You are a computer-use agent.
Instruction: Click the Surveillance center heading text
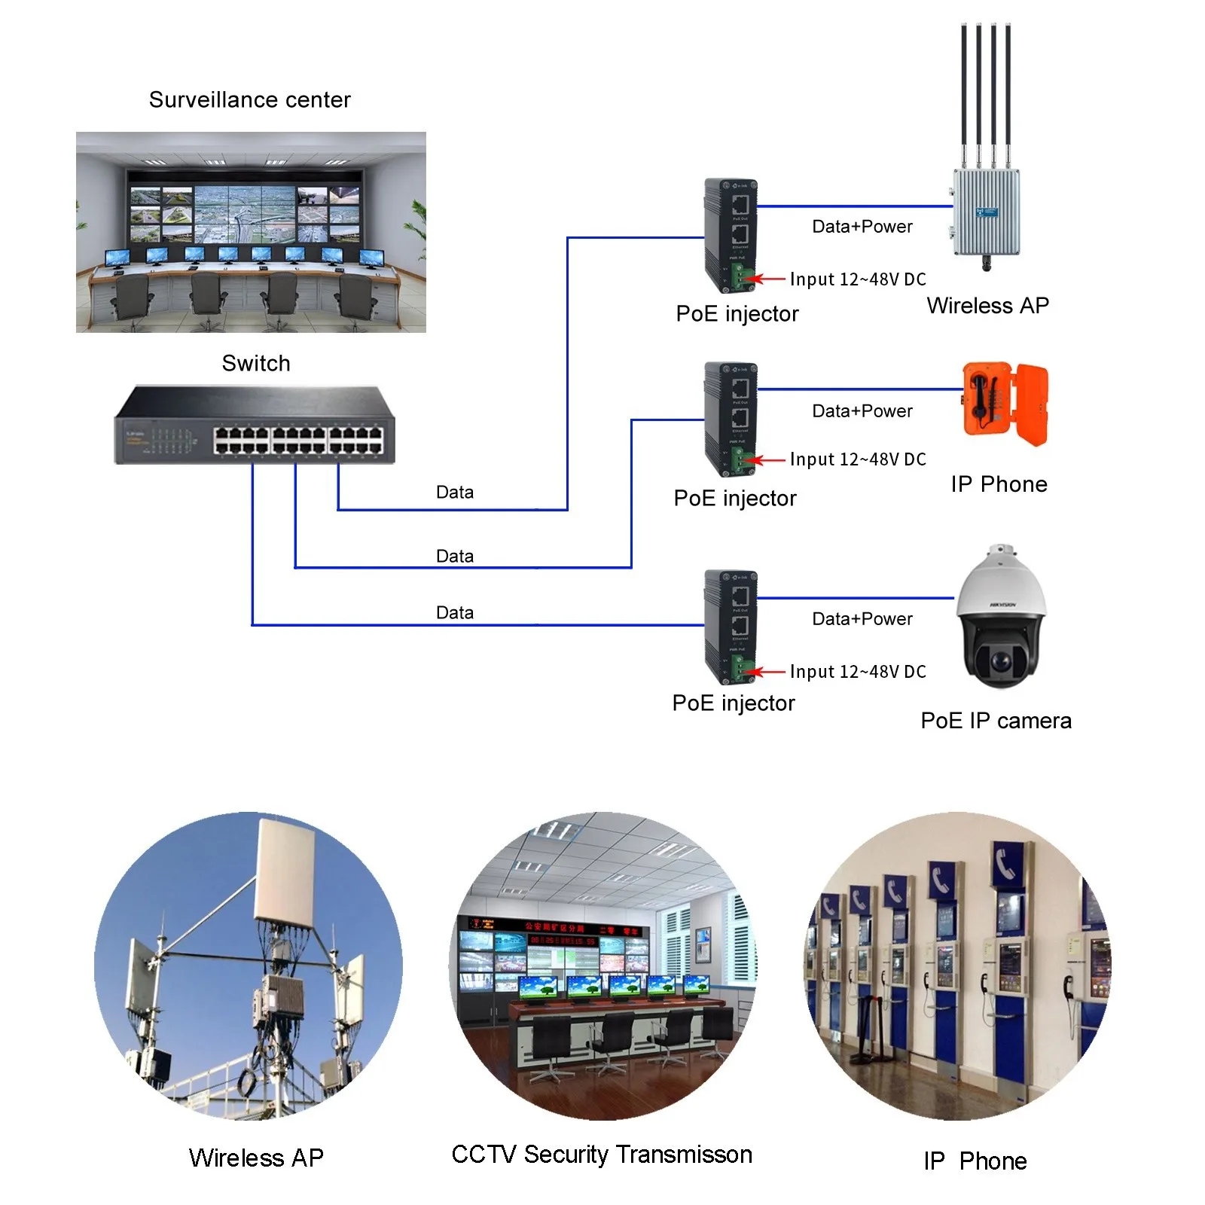tap(249, 100)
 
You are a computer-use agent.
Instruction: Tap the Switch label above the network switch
tap(256, 363)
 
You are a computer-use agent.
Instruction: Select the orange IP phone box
tap(1005, 404)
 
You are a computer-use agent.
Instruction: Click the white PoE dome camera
tap(1001, 618)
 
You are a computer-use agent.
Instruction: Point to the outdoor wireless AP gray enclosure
tap(987, 212)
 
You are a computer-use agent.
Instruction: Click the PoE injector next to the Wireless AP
tap(729, 236)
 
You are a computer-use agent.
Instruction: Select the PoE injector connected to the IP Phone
tap(729, 419)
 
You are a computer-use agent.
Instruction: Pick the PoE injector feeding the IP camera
tap(729, 627)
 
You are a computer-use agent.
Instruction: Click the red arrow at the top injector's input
tap(769, 279)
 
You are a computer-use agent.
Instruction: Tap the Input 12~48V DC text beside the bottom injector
tap(858, 672)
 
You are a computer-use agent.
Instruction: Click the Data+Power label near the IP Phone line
tap(862, 411)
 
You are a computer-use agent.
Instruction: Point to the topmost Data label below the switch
tap(455, 493)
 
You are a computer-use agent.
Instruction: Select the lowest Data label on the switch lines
tap(455, 613)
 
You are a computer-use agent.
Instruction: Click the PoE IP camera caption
tap(996, 721)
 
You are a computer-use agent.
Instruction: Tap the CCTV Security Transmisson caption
tap(602, 1155)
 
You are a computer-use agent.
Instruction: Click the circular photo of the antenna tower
tap(249, 966)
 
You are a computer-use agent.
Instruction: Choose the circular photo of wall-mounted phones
tap(957, 966)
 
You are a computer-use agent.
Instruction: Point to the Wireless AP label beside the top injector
tap(987, 306)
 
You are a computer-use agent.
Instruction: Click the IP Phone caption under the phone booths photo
tap(975, 1161)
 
